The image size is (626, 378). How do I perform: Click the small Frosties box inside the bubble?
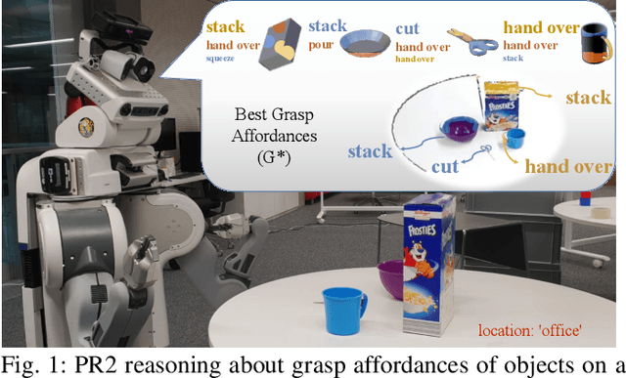[502, 106]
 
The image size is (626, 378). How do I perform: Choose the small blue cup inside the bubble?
[513, 137]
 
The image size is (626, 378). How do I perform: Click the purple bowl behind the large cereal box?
[390, 279]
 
